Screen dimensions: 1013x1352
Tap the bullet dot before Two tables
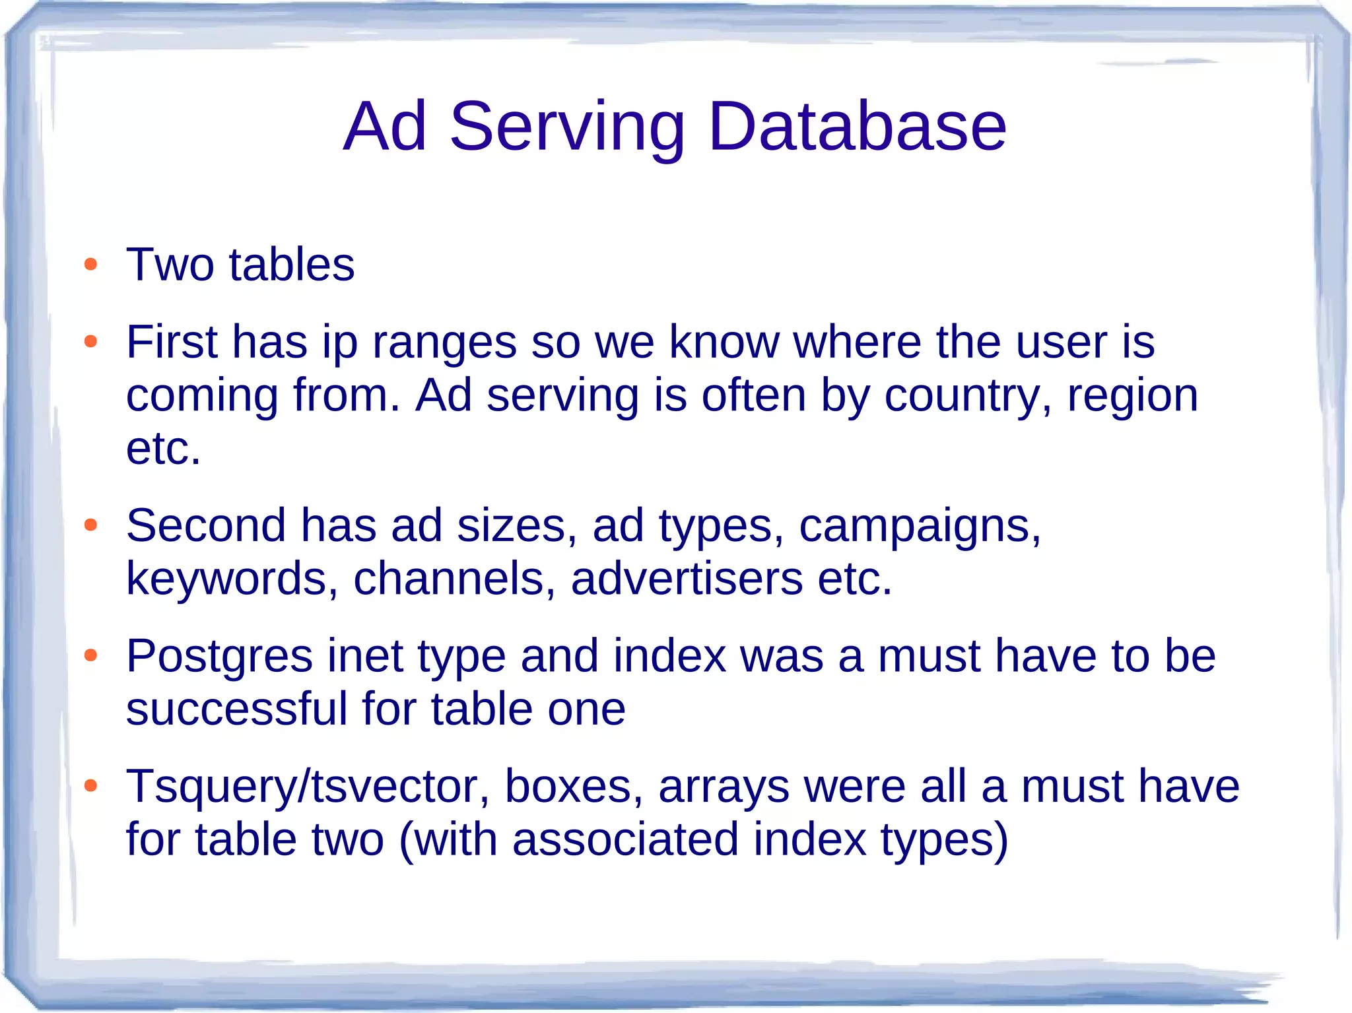91,265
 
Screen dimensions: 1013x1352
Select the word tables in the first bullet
292,265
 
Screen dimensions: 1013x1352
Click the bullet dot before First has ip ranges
91,342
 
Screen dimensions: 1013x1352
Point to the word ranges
444,344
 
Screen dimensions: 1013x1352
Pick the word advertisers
687,579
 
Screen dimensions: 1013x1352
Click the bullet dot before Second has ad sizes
91,525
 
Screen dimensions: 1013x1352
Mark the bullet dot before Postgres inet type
91,656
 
